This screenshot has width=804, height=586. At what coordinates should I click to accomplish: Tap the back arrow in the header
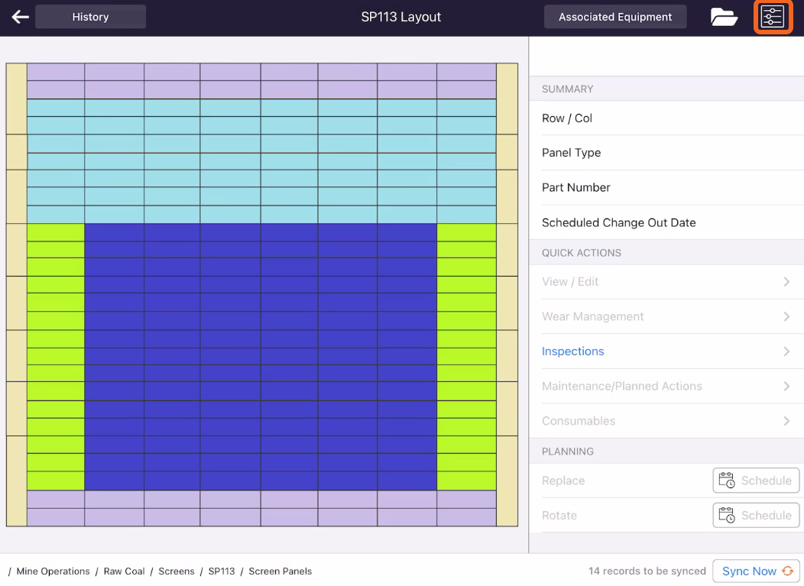20,17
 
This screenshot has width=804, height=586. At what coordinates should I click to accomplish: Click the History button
90,17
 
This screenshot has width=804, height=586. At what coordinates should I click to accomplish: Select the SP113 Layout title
401,17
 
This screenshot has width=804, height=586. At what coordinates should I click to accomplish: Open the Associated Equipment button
614,17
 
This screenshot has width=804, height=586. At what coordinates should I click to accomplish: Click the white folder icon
724,17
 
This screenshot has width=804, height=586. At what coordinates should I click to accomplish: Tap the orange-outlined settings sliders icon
773,17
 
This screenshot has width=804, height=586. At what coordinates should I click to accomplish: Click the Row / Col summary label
566,118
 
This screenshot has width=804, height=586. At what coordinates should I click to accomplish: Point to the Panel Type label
571,153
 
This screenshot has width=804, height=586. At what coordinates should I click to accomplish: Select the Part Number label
575,188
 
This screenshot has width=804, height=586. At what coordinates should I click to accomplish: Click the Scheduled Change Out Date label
618,222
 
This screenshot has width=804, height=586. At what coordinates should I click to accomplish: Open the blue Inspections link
572,351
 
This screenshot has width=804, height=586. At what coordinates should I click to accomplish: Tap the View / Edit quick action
569,282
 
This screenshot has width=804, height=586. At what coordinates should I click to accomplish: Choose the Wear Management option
593,316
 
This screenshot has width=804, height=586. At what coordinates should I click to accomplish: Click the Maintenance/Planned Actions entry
621,386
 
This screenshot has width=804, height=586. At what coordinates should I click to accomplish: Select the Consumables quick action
579,421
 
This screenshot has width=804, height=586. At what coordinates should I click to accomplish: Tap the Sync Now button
757,571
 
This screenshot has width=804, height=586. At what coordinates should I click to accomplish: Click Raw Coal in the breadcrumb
124,571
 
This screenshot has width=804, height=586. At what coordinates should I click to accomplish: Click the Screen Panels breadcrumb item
280,571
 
